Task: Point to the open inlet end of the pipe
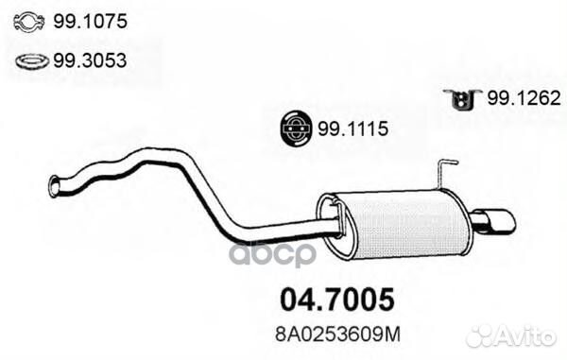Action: [x=54, y=186]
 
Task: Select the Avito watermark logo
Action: [x=511, y=335]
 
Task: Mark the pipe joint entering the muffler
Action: [x=331, y=225]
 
